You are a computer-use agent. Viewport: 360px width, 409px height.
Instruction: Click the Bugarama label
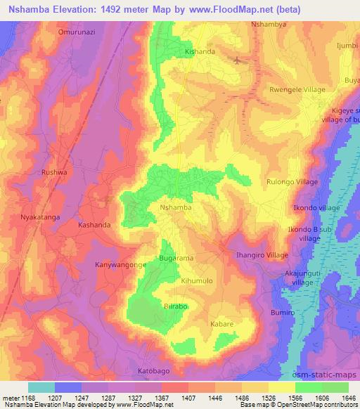[176, 259]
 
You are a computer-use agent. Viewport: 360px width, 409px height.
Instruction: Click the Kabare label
[222, 324]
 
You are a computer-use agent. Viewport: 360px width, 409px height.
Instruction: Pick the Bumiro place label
[283, 311]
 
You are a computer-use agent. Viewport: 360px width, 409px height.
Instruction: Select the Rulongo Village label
[293, 181]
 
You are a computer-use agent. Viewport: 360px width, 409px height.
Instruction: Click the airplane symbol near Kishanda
[238, 59]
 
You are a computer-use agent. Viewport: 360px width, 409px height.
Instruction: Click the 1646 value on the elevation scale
[349, 398]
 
